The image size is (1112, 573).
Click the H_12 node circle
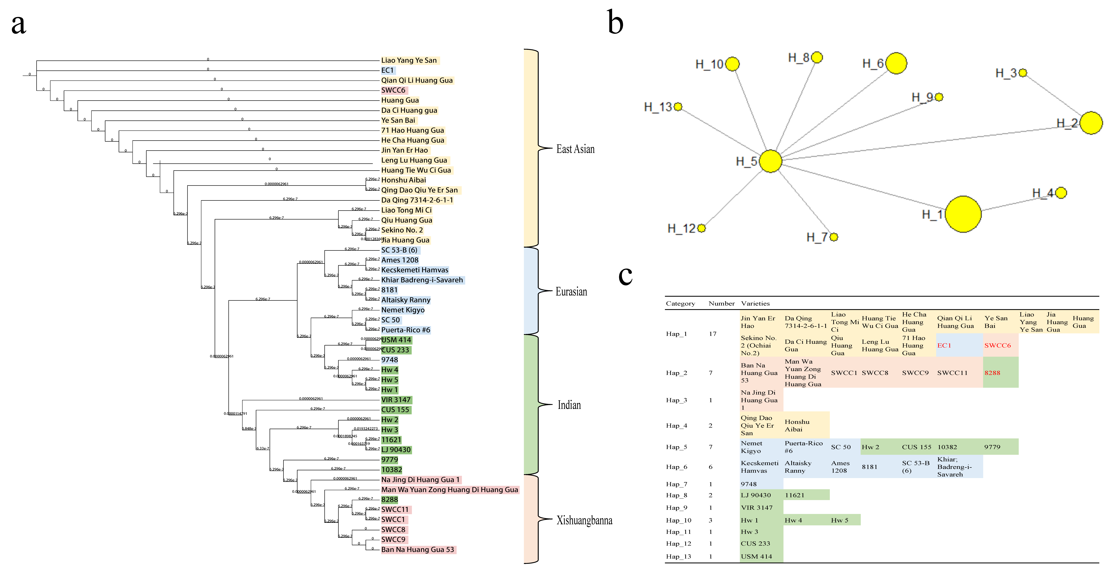(701, 228)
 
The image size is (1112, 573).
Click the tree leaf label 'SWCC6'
(393, 90)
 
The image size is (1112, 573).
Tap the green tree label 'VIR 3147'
(396, 400)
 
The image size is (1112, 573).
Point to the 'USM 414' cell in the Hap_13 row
(756, 557)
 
